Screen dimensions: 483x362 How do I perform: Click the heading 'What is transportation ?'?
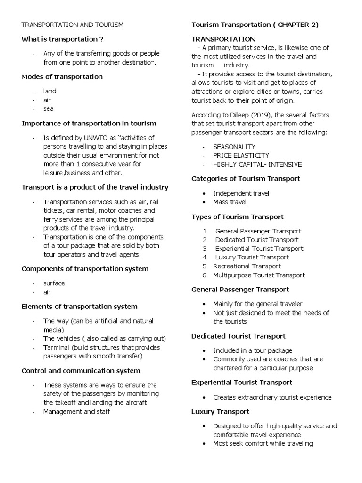(x=62, y=39)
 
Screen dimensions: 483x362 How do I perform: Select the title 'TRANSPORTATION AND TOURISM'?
(x=73, y=25)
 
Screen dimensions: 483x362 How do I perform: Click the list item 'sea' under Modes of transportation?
(x=49, y=108)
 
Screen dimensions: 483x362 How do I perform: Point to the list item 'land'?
(x=49, y=91)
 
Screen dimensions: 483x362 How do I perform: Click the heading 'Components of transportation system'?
(x=85, y=269)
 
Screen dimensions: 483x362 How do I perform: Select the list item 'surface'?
(x=54, y=283)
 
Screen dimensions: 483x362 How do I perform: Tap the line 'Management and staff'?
(x=76, y=412)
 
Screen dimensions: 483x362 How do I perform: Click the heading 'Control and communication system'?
(x=81, y=371)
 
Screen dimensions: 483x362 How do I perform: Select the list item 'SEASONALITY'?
(x=234, y=147)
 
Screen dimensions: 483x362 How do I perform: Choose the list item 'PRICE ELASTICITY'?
(x=241, y=155)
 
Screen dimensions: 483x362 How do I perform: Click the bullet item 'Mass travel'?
(x=230, y=202)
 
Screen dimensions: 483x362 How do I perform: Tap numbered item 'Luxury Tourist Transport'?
(x=252, y=258)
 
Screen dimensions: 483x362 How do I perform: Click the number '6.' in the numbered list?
(x=205, y=275)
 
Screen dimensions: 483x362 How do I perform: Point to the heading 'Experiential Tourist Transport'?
(x=242, y=383)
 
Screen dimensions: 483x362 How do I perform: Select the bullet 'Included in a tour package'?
(x=253, y=350)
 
